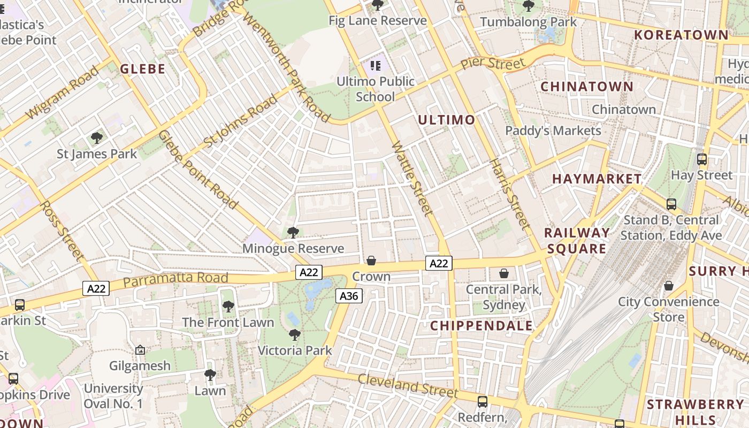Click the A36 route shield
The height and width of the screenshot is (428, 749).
point(349,296)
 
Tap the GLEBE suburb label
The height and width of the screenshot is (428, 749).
point(142,68)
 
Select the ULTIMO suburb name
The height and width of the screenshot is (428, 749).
point(446,120)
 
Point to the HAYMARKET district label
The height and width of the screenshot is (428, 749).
point(597,179)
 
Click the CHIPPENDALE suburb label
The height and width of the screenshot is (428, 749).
point(481,325)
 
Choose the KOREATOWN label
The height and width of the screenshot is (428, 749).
point(681,35)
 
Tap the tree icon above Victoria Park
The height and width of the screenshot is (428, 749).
point(294,335)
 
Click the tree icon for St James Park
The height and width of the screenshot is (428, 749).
point(97,138)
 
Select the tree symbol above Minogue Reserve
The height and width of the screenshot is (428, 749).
point(293,232)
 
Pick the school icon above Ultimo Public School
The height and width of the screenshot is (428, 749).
point(376,66)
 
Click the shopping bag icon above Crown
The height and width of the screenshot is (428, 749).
point(371,261)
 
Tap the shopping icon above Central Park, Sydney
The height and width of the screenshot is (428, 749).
point(503,273)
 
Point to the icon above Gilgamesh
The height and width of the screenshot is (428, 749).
point(140,350)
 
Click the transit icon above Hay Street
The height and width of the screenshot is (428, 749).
point(701,159)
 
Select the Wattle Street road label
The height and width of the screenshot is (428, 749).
point(412,179)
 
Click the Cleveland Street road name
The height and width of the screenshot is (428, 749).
point(408,386)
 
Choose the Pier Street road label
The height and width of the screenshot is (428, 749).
point(493,63)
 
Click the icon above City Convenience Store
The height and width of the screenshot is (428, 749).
point(668,286)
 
